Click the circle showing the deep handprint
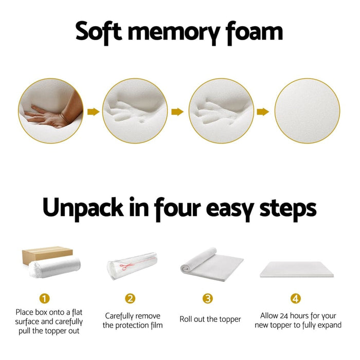pos(135,111)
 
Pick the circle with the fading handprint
pos(221,111)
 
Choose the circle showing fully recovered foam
pos(307,111)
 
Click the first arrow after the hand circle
pos(93,112)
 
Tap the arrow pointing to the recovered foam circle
pos(263,112)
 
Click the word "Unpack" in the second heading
pos(83,208)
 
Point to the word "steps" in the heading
pos(287,208)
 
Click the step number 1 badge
pos(45,298)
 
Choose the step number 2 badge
pos(131,298)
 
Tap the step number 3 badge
pos(208,298)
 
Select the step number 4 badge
pos(295,298)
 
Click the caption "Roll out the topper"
pos(210,319)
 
